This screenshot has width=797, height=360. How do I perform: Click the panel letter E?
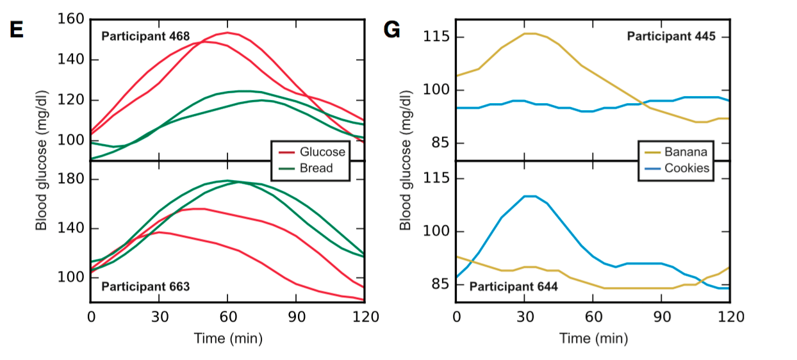click(x=16, y=29)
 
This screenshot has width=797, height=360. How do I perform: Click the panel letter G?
click(x=391, y=29)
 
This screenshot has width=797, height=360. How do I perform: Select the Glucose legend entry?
click(x=322, y=152)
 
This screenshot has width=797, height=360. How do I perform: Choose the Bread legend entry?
click(x=317, y=168)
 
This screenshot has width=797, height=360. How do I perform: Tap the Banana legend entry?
click(x=686, y=152)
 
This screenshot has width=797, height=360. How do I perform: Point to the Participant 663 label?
click(x=145, y=286)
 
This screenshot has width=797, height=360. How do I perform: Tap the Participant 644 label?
click(x=513, y=286)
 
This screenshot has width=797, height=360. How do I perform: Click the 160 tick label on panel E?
click(x=71, y=19)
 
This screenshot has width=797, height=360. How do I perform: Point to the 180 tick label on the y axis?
click(x=71, y=179)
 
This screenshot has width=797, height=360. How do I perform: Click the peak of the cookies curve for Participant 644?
click(x=530, y=196)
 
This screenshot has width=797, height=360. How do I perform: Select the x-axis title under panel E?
click(x=228, y=338)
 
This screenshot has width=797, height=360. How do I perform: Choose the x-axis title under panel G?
click(x=593, y=338)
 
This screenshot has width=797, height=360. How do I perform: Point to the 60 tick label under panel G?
click(x=593, y=316)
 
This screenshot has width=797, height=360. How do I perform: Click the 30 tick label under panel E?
click(x=160, y=316)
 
